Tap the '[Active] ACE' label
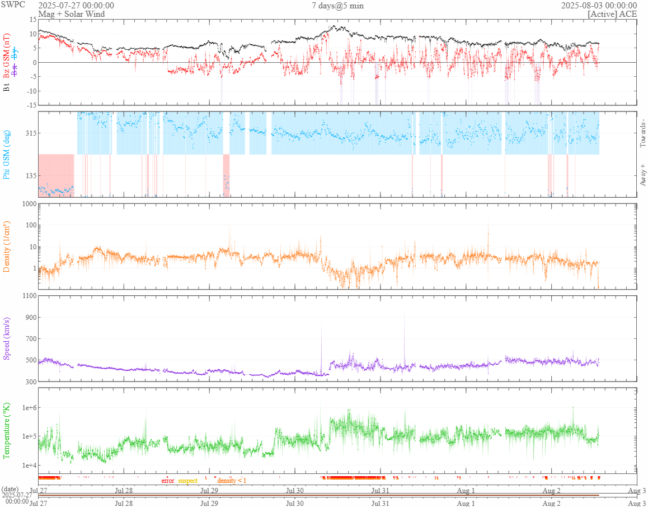[x=612, y=14]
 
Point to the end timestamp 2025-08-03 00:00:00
[x=599, y=6]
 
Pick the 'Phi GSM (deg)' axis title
[x=7, y=154]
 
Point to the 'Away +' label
[x=642, y=175]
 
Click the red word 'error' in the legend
[x=168, y=481]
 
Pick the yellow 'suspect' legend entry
[x=188, y=481]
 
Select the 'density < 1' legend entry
[x=232, y=481]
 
